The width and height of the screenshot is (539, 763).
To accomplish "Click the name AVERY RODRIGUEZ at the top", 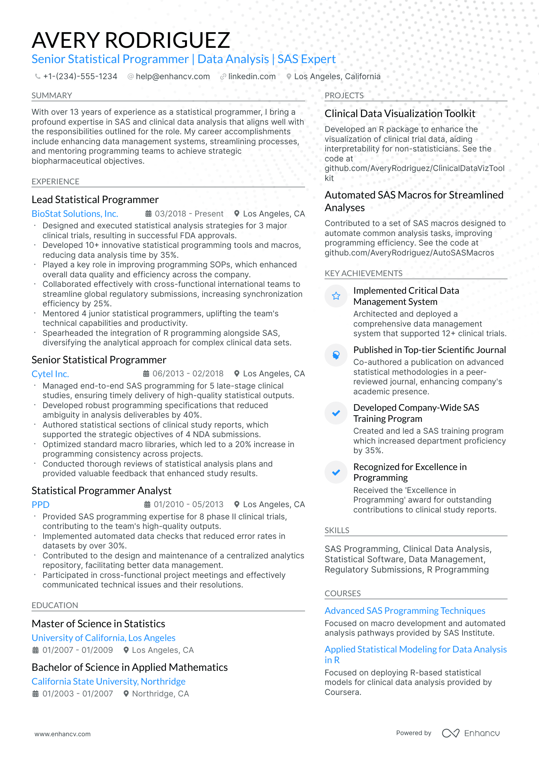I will (x=131, y=40).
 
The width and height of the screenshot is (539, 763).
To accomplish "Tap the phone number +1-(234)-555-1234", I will (x=80, y=76).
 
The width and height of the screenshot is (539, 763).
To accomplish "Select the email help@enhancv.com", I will (x=172, y=76).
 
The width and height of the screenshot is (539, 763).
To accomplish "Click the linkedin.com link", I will (x=252, y=76).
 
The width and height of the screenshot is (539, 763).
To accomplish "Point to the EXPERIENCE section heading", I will (x=55, y=182).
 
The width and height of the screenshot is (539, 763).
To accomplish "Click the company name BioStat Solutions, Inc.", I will (x=75, y=214).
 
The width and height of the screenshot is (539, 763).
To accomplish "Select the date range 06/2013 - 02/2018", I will (x=188, y=374).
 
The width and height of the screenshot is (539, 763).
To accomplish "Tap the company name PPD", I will (x=41, y=505).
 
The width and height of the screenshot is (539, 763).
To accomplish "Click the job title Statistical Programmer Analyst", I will (x=101, y=491).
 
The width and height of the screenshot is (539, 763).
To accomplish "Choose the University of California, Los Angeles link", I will (x=104, y=638).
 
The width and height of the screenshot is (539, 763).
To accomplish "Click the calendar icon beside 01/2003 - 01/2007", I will (x=36, y=694).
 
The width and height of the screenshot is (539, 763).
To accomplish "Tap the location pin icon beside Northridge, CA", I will (x=126, y=694).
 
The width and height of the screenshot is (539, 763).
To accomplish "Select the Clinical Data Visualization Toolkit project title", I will (x=400, y=114).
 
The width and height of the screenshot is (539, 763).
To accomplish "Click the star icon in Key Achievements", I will (x=336, y=296).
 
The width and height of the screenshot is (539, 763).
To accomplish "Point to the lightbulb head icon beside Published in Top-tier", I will (x=336, y=355).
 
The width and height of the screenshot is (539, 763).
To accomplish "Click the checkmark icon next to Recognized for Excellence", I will (x=336, y=472).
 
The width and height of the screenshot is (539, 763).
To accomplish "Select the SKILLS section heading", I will (x=337, y=530).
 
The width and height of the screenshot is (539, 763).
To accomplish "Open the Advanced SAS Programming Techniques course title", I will (x=405, y=611).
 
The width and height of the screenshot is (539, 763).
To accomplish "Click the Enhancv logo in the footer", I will (x=471, y=733).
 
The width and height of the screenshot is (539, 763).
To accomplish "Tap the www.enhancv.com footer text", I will (x=63, y=734).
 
